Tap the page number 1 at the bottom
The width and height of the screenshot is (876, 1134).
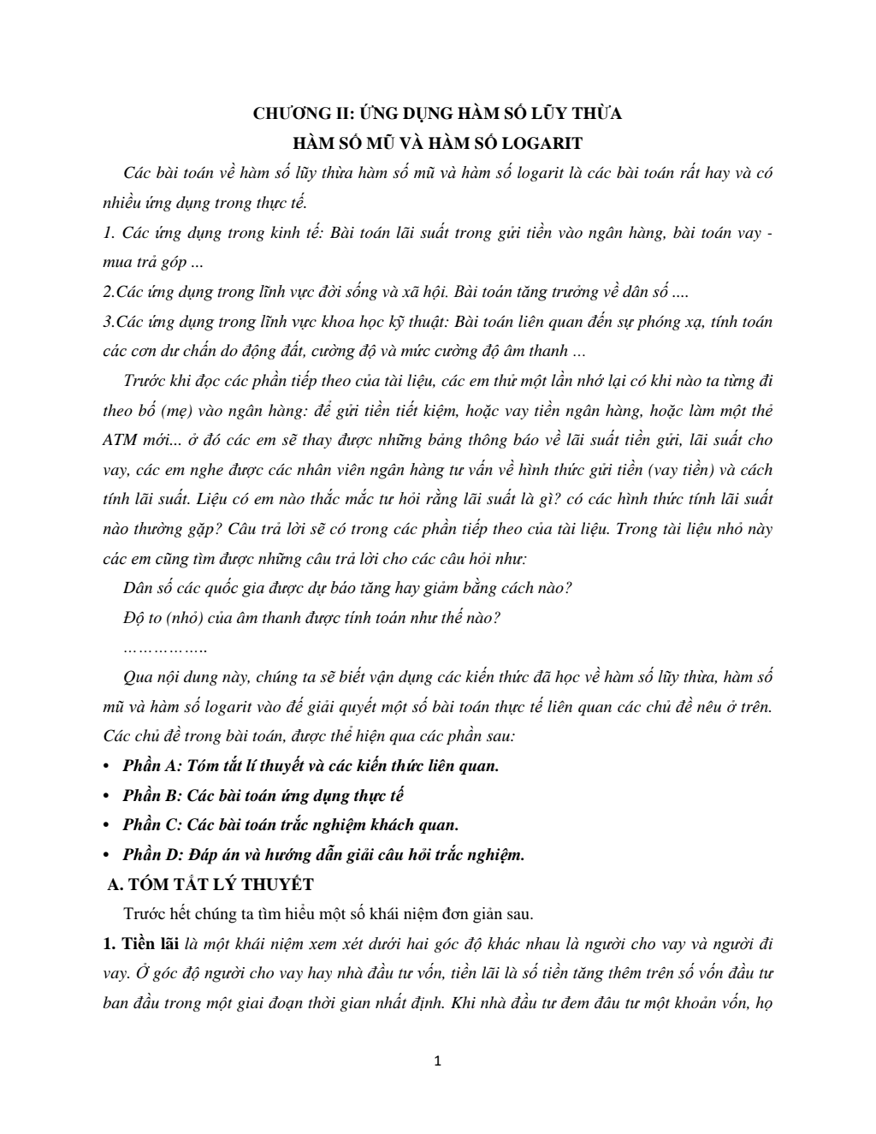438,1061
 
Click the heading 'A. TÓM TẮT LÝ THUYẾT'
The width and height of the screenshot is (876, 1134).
208,884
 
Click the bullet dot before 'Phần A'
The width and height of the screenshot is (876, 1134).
106,766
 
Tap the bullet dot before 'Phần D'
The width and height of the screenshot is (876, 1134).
106,855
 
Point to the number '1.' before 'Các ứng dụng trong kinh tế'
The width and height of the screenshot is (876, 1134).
109,233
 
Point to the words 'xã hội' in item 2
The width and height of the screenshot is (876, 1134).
424,292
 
